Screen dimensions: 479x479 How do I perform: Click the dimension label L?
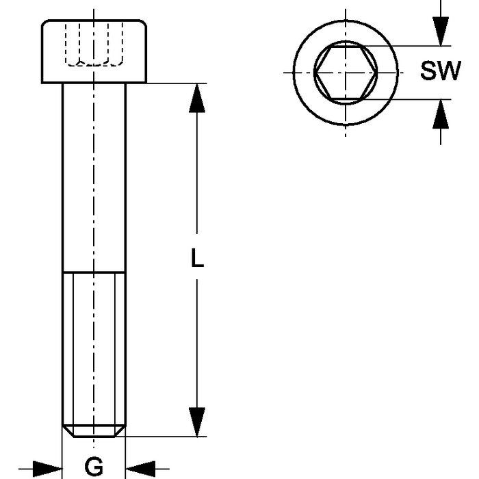197,258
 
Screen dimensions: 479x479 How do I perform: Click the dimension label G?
94,467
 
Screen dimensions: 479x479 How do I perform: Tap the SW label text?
440,71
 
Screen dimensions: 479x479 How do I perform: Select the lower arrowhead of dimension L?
197,422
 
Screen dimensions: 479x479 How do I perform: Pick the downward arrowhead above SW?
440,31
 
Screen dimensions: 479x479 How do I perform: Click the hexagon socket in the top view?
346,71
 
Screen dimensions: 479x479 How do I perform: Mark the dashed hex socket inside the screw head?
94,45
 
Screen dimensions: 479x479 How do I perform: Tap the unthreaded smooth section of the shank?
94,178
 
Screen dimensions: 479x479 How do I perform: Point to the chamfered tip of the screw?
94,430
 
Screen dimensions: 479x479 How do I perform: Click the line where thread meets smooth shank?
94,272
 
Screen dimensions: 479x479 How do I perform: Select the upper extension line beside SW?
411,46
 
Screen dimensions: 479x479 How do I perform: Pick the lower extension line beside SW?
411,99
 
